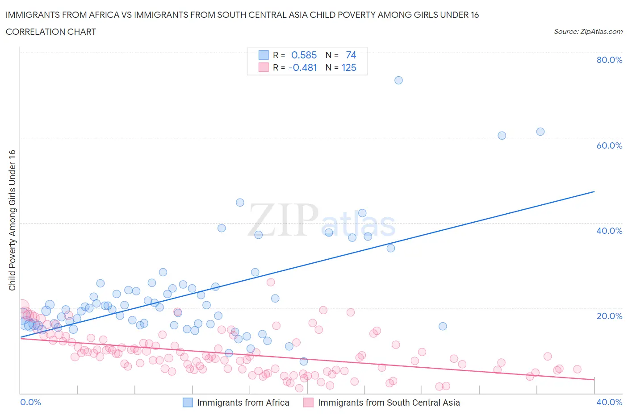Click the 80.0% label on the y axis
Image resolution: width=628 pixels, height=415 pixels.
click(609, 60)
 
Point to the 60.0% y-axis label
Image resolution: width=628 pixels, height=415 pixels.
click(609, 145)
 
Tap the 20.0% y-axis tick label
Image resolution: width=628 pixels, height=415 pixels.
click(609, 316)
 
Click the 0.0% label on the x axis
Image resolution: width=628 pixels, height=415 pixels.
click(30, 402)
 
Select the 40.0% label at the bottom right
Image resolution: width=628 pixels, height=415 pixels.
click(609, 402)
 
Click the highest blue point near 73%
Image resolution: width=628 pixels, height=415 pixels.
click(398, 80)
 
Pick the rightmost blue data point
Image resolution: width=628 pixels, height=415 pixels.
click(540, 132)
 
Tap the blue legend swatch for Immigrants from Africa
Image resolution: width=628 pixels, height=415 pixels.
click(188, 403)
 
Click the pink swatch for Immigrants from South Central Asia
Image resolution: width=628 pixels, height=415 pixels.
click(308, 403)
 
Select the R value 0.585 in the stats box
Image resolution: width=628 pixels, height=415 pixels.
click(304, 55)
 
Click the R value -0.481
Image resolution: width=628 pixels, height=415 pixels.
click(303, 67)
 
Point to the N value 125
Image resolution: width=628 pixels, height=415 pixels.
click(349, 67)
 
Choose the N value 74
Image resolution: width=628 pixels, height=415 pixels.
click(351, 55)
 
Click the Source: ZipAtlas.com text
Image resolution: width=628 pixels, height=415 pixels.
click(588, 31)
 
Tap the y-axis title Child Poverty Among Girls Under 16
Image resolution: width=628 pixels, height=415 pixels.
click(12, 220)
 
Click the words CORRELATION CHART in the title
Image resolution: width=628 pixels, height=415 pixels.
click(51, 32)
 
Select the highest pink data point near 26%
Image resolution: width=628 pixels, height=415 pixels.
click(271, 282)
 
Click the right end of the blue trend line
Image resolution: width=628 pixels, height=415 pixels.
click(594, 191)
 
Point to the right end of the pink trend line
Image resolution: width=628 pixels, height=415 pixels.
click(594, 379)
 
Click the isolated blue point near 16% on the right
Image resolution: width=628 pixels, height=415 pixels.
click(443, 326)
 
